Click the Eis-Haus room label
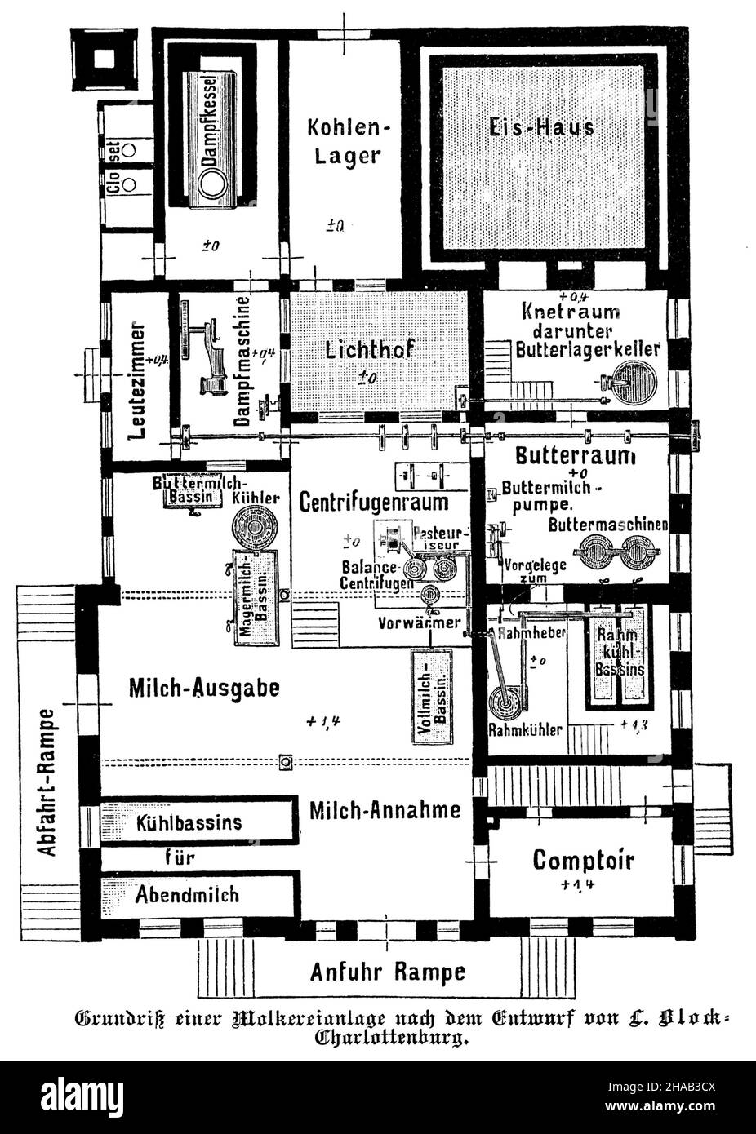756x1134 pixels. coord(541,126)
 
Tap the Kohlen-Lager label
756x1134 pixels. coord(344,141)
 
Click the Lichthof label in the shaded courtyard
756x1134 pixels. coord(370,350)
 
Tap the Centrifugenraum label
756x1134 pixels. coord(372,500)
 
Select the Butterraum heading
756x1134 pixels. coord(575,455)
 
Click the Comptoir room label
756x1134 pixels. coord(583,859)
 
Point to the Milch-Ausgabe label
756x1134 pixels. coord(204,688)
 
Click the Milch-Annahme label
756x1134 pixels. coord(385,810)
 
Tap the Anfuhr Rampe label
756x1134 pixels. coord(388,972)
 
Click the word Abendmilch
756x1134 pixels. coord(188,894)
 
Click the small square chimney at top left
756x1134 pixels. coord(103,59)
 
